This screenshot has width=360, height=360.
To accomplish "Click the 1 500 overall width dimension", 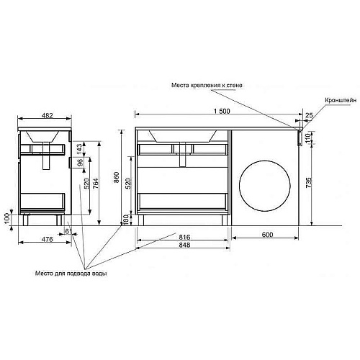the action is pyautogui.click(x=222, y=111).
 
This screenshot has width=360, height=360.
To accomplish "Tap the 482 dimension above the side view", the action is pyautogui.click(x=47, y=115).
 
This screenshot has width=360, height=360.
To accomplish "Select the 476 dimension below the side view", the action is pyautogui.click(x=48, y=239).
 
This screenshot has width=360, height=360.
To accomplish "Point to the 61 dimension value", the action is pyautogui.click(x=69, y=231).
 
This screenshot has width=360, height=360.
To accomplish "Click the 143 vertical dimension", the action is pyautogui.click(x=80, y=148).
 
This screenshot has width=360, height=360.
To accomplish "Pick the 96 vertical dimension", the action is pyautogui.click(x=80, y=163).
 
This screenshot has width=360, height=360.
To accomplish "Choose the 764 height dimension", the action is pyautogui.click(x=95, y=183).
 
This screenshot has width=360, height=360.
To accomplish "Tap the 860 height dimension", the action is pyautogui.click(x=116, y=177).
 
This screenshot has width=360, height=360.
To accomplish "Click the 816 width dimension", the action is pyautogui.click(x=184, y=237).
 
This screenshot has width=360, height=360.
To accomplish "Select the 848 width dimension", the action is pyautogui.click(x=184, y=245).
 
